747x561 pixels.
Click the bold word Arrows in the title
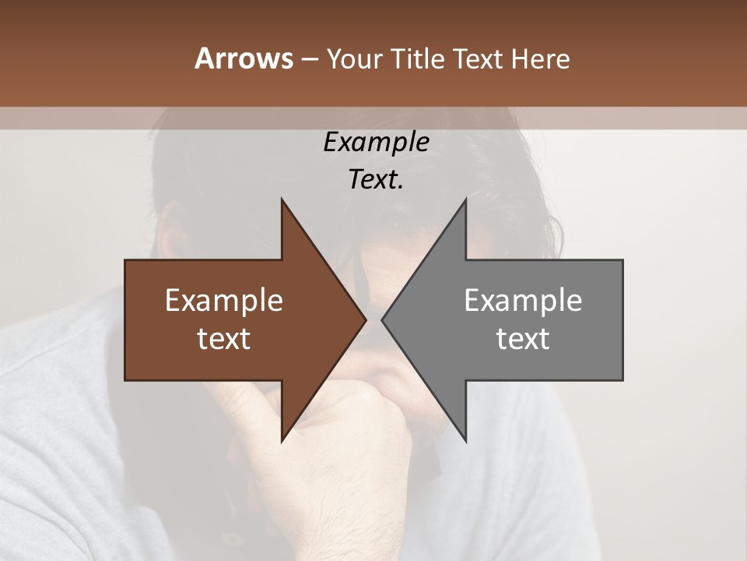point(243,58)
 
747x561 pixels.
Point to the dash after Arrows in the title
point(309,60)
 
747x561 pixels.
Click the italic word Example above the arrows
point(376,143)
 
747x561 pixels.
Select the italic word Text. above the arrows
point(376,180)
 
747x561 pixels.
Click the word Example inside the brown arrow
point(224,301)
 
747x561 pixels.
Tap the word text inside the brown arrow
point(224,339)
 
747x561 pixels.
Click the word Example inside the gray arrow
point(523,301)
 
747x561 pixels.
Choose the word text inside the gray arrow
point(523,339)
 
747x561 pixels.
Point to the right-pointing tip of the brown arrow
point(365,319)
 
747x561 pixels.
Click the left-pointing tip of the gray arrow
point(383,319)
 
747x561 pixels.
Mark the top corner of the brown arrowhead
point(282,200)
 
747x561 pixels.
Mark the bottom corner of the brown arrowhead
point(282,440)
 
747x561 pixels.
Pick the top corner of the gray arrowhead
point(465,200)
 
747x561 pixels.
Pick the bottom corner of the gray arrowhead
point(465,440)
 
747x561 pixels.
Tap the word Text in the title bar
point(479,59)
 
